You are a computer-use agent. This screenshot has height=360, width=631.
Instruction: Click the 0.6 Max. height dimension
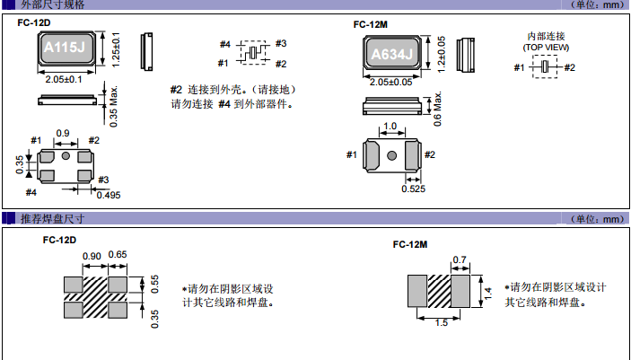(x=438, y=109)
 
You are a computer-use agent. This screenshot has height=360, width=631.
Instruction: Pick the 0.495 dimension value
(x=108, y=195)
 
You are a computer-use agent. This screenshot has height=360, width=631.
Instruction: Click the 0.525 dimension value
(x=414, y=189)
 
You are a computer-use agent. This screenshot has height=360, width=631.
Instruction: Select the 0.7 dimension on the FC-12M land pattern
(x=460, y=260)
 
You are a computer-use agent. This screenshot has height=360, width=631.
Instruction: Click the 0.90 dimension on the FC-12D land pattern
(x=92, y=256)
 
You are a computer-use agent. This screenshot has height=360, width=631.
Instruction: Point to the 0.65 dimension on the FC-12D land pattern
(x=118, y=256)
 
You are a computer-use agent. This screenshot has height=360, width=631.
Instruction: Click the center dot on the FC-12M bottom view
(x=391, y=157)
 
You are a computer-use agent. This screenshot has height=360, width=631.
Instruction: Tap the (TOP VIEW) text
(x=547, y=46)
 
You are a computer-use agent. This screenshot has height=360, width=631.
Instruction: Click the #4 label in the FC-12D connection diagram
(x=224, y=44)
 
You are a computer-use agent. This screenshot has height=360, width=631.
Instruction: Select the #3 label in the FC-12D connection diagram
(x=281, y=43)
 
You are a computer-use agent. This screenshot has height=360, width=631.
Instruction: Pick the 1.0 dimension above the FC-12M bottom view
(x=390, y=127)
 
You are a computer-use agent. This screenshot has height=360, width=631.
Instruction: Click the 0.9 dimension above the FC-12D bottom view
(x=63, y=134)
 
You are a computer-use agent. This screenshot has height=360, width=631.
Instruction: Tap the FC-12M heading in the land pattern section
(x=410, y=244)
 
